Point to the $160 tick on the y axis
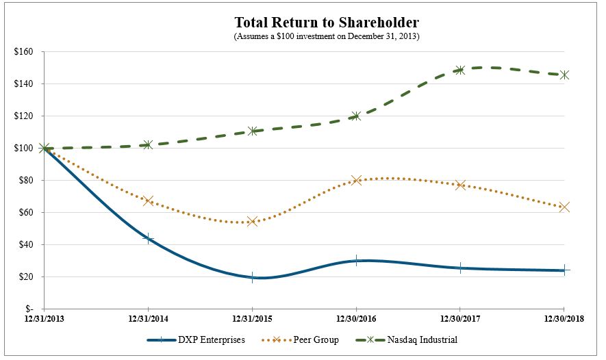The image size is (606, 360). (x=27, y=51)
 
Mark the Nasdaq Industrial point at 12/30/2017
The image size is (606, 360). (x=460, y=70)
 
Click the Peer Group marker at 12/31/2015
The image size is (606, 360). (x=252, y=221)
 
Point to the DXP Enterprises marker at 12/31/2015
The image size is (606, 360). (x=252, y=277)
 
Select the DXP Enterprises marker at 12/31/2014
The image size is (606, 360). (x=148, y=238)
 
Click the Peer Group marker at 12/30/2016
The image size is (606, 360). (x=356, y=180)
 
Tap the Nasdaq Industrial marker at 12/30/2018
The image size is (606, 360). (x=564, y=75)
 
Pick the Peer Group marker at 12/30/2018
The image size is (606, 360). (x=564, y=207)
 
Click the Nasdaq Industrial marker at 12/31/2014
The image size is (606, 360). (x=148, y=144)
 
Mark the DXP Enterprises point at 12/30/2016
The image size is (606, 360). (x=356, y=261)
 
